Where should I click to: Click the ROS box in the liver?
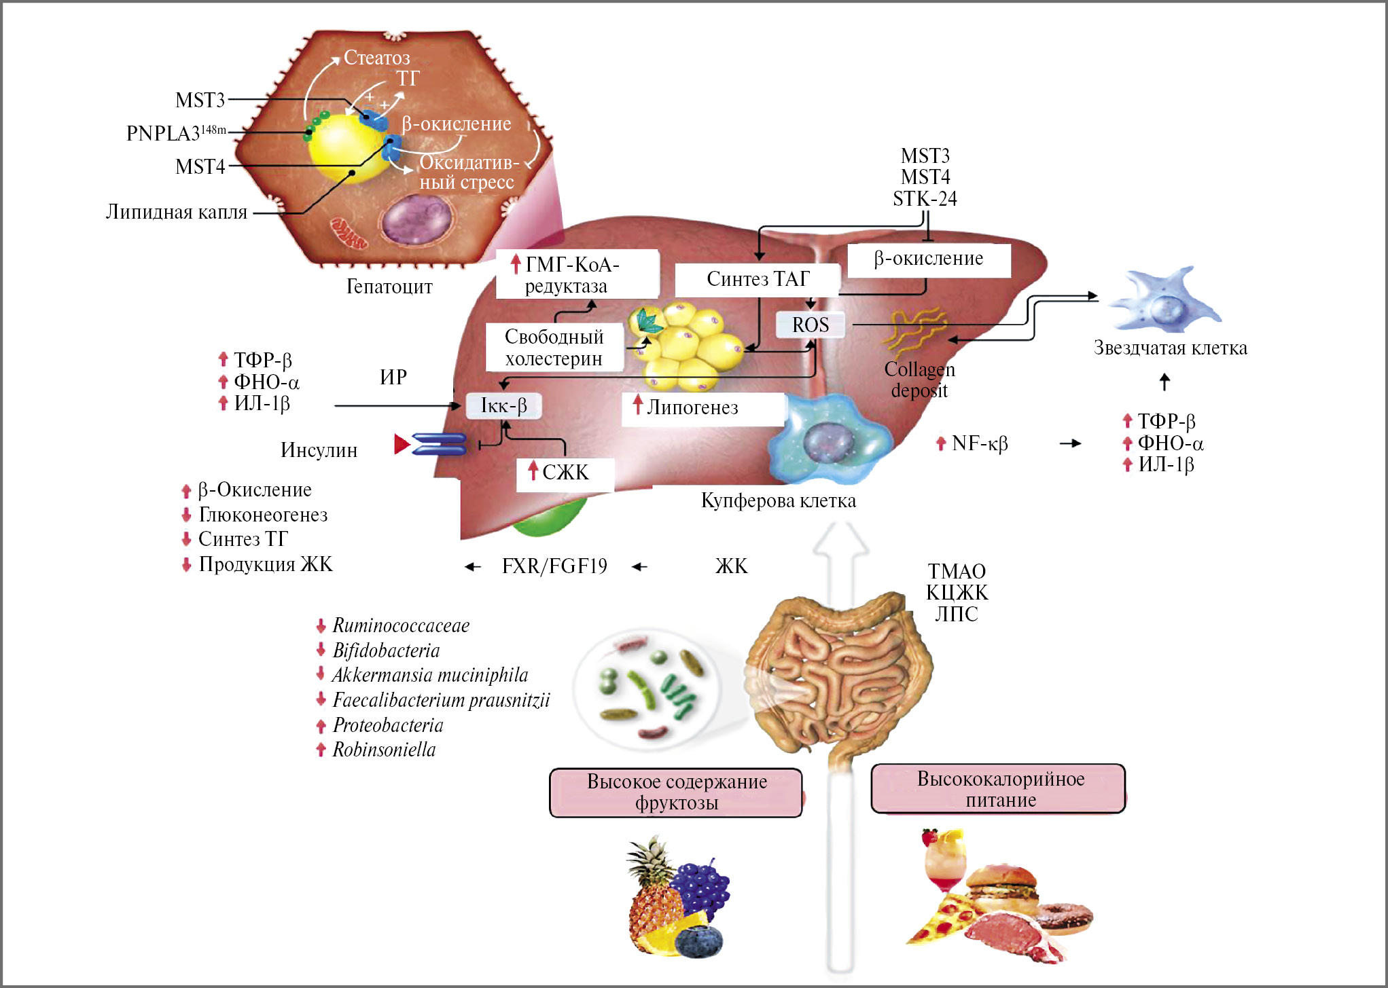tap(811, 325)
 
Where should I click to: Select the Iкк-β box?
tap(503, 405)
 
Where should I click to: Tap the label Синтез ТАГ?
tap(758, 278)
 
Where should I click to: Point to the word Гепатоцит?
tap(389, 287)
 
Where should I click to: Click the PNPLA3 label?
tap(176, 132)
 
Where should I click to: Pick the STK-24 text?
tap(925, 199)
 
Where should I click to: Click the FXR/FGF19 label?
tap(554, 566)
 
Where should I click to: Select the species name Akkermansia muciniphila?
tap(430, 675)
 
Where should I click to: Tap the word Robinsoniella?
tap(384, 750)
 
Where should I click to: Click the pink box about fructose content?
tap(676, 792)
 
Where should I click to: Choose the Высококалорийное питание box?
tap(999, 789)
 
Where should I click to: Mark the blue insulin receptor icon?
tap(439, 444)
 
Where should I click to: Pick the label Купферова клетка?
tap(778, 501)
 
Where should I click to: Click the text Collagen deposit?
tap(919, 380)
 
